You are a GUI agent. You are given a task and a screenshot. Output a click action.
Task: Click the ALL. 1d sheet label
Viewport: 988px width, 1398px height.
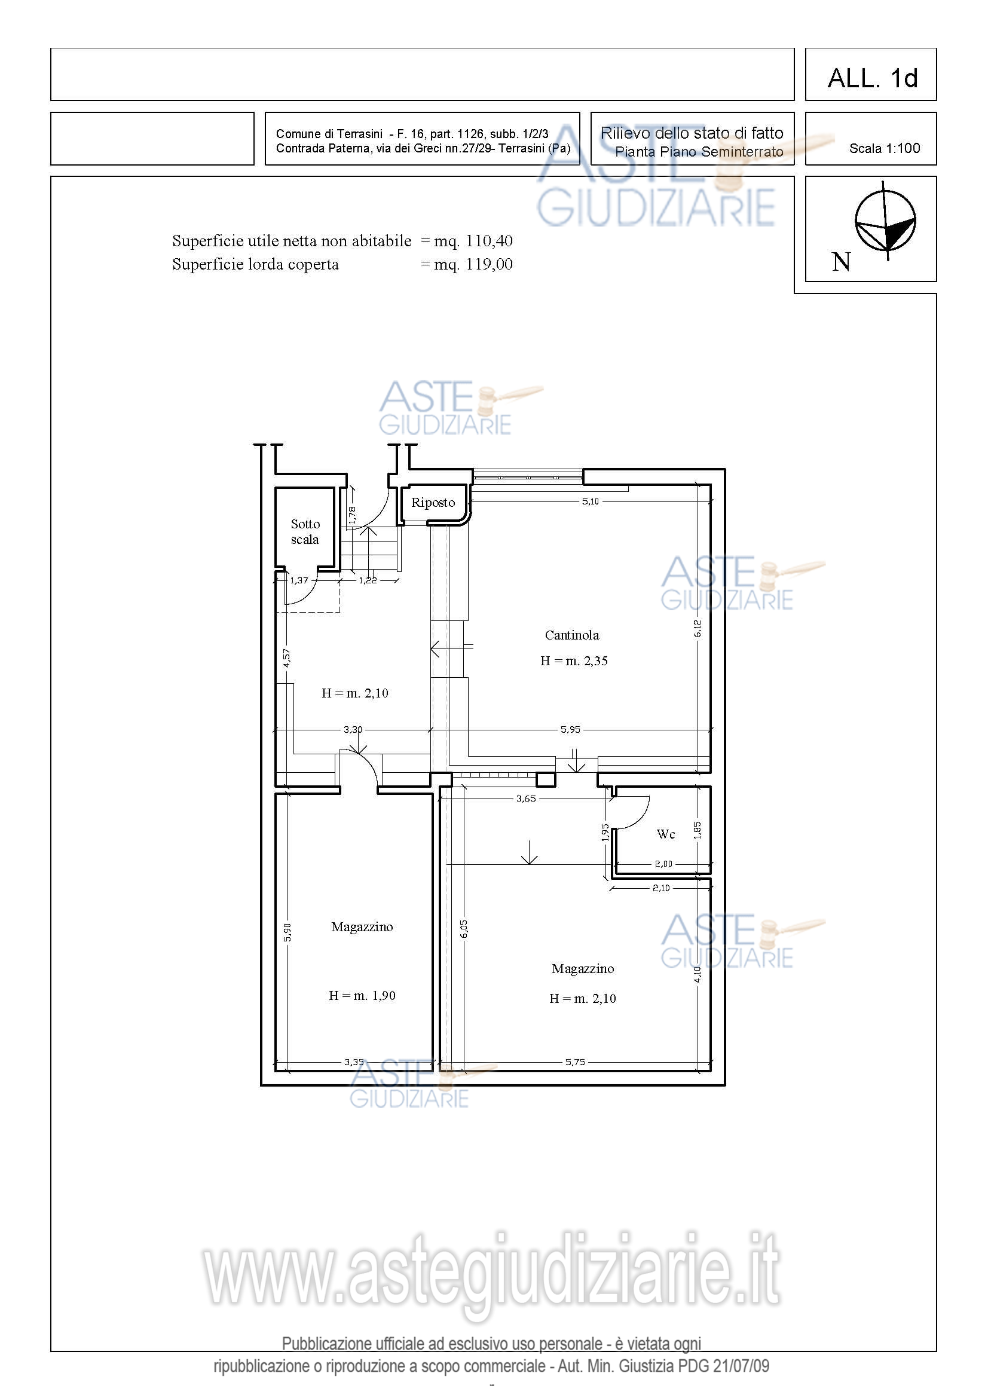coord(872,78)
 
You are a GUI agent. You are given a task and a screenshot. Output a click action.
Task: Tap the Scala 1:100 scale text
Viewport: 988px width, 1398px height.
coord(885,148)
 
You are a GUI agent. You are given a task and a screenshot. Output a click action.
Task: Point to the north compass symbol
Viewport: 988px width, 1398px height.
coord(885,221)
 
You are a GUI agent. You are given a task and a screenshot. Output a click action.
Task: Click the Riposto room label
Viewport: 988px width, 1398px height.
coord(433,502)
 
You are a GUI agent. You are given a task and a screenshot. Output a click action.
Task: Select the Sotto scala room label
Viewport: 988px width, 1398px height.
coord(305,531)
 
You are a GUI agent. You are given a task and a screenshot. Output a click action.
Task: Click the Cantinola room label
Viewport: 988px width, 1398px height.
coord(571,635)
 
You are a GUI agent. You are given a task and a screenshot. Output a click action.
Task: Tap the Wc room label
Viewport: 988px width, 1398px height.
coord(666,834)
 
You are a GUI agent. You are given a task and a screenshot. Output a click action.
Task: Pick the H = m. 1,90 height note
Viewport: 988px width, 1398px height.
coord(362,996)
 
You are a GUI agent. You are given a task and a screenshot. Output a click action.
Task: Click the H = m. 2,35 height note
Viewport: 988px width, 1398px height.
coord(574,660)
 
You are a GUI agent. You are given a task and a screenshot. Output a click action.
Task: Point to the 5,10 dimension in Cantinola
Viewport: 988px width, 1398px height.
coord(590,501)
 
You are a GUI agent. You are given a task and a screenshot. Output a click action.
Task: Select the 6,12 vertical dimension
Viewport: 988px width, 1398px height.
coord(698,628)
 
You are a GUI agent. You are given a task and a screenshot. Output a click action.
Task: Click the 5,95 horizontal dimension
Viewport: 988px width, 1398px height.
coord(570,729)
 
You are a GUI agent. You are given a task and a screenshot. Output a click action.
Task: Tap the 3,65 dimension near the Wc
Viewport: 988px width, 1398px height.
coord(526,799)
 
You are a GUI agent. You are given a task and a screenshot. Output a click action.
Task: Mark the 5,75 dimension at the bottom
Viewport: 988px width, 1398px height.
coord(574,1062)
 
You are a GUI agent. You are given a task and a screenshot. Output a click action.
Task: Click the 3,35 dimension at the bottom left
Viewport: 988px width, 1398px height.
coord(354,1062)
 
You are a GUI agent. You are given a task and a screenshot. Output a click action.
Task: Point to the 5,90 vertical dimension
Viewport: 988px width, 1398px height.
coord(287,932)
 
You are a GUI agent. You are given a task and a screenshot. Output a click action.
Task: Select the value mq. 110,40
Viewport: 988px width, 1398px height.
coord(473,241)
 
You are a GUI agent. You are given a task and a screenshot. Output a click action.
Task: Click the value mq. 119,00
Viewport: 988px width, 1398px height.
coord(473,264)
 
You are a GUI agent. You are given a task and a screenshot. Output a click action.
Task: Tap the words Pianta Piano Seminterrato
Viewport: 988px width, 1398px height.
coord(699,152)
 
